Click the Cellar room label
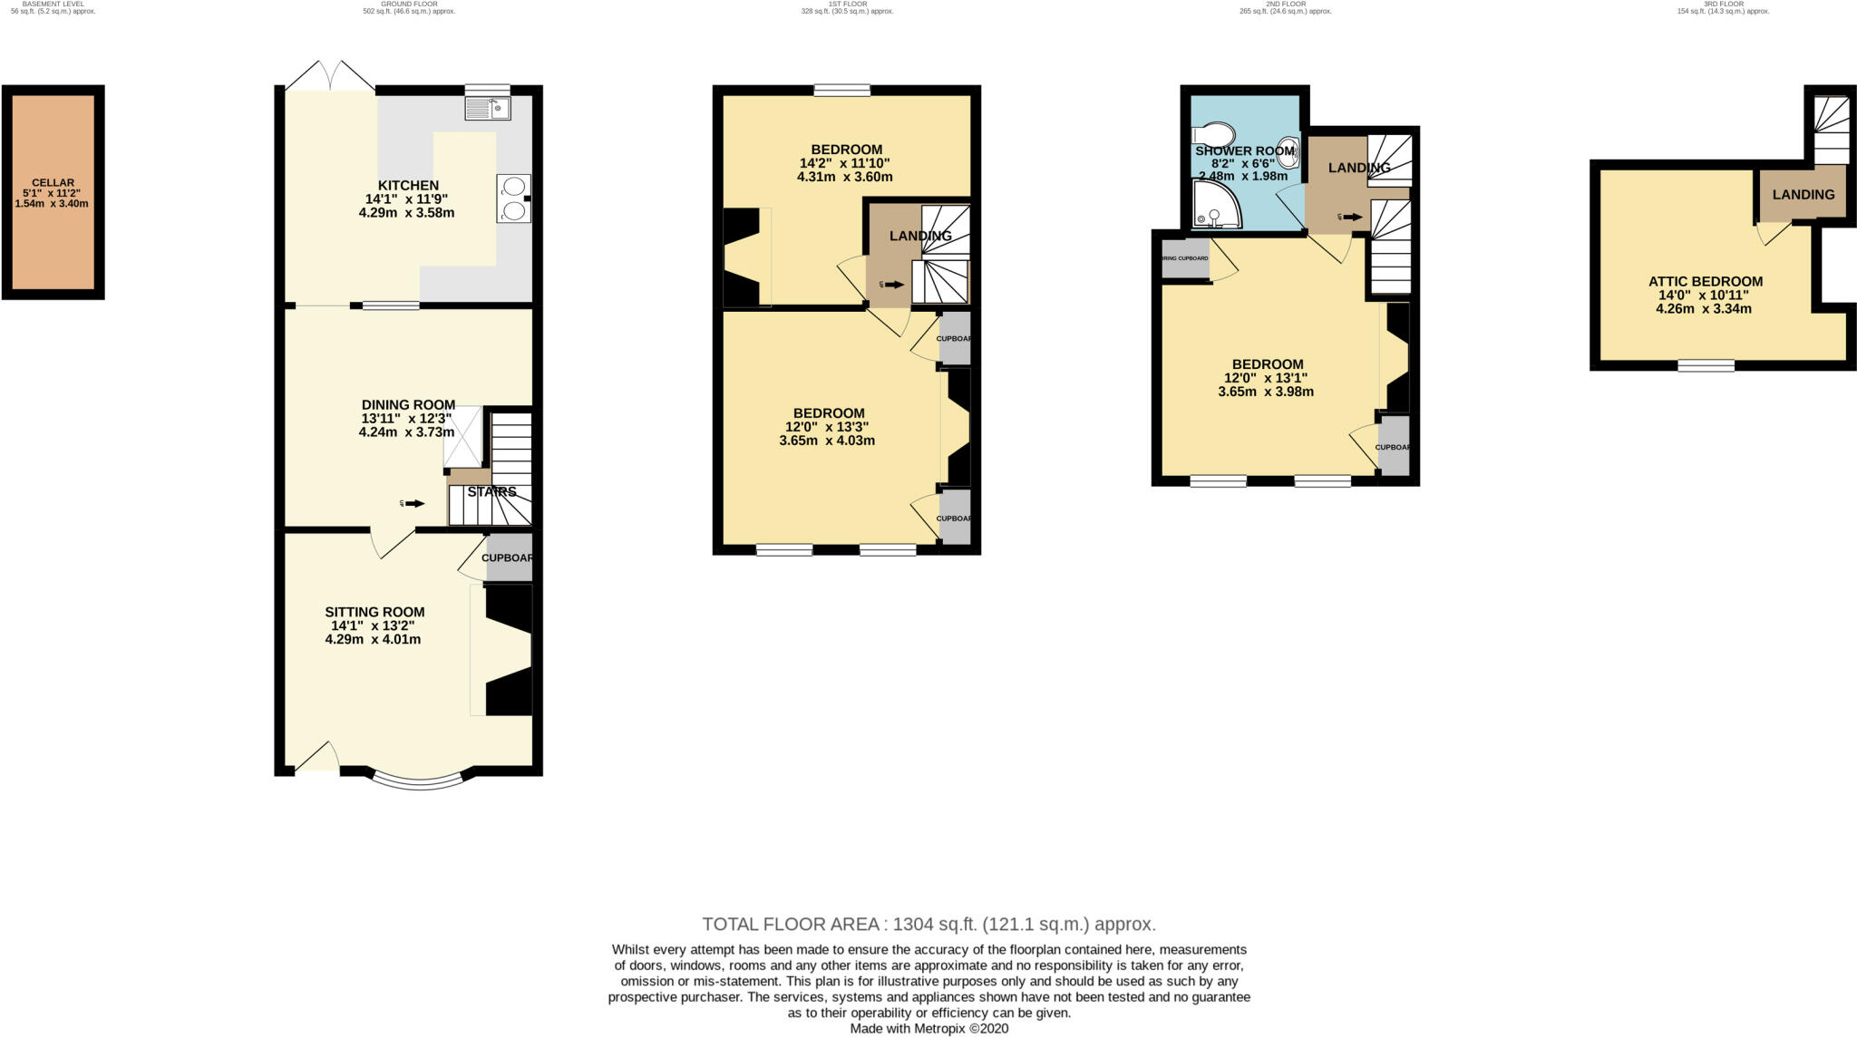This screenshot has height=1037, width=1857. (x=52, y=183)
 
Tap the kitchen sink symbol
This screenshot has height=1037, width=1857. (x=488, y=110)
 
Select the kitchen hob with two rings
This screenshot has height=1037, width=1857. (x=513, y=199)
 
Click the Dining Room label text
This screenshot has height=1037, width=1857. (x=408, y=405)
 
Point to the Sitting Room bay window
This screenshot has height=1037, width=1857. (x=419, y=779)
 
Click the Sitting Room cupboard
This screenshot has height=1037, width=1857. (x=509, y=557)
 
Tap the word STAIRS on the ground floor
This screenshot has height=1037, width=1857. (x=492, y=492)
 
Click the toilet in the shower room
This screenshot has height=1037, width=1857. (x=1212, y=133)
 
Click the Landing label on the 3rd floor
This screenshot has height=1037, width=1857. (x=1803, y=194)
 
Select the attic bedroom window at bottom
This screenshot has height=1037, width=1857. (x=1706, y=365)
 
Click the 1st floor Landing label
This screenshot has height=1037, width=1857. (x=919, y=237)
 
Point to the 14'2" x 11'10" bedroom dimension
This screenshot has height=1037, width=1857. (x=845, y=163)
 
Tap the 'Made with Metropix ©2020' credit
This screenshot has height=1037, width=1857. (x=928, y=1029)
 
